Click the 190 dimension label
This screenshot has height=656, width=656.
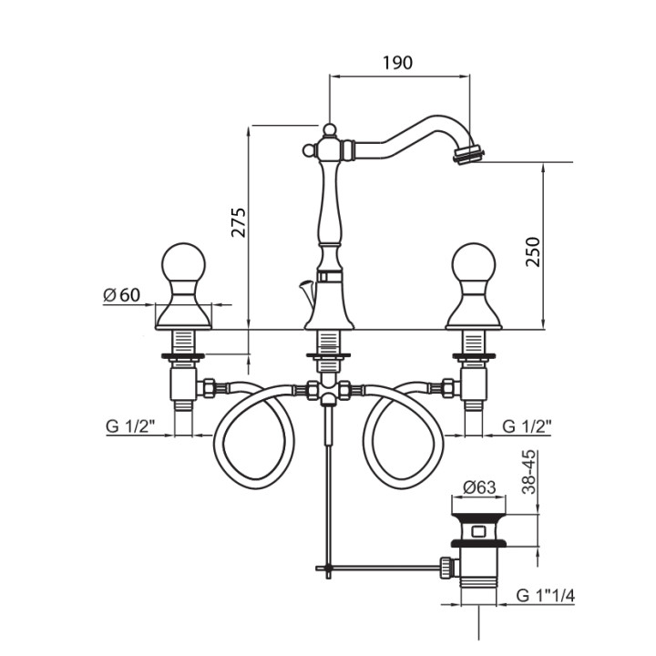(x=397, y=63)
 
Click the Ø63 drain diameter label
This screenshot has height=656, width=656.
(x=479, y=487)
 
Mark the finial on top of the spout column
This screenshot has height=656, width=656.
(x=327, y=129)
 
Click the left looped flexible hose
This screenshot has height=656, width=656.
(x=253, y=436)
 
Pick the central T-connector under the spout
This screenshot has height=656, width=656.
(x=327, y=392)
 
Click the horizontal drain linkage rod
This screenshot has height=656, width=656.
(x=383, y=569)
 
